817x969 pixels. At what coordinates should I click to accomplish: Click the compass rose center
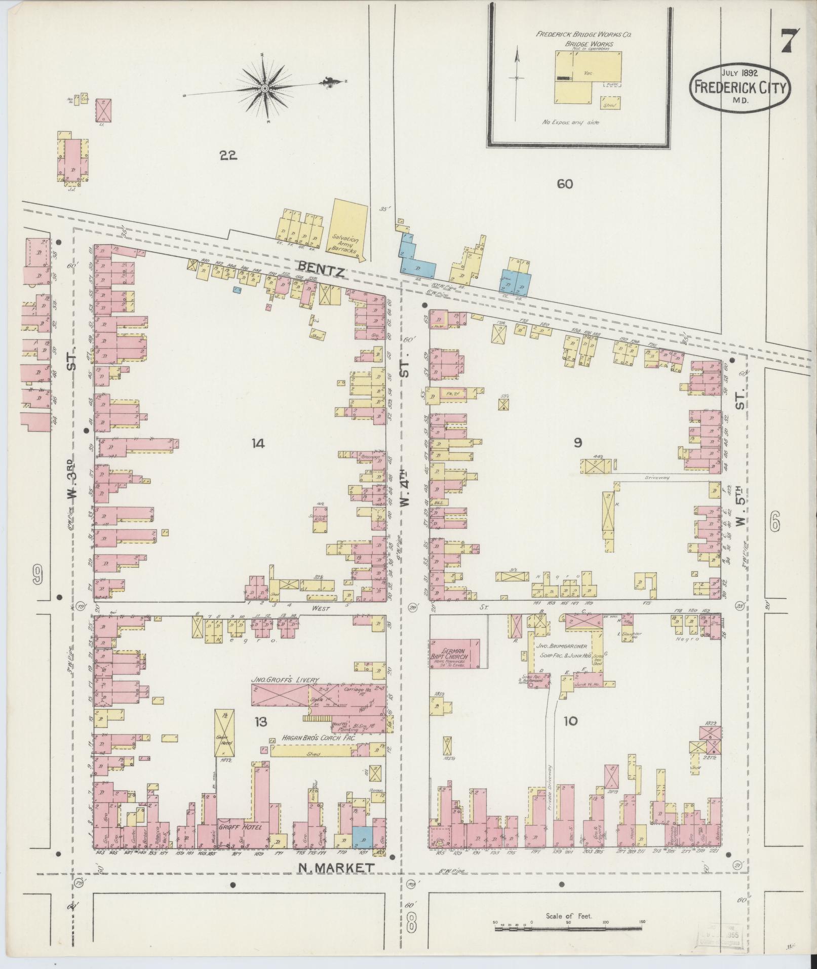pyautogui.click(x=264, y=89)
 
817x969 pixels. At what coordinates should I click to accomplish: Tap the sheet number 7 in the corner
pyautogui.click(x=789, y=42)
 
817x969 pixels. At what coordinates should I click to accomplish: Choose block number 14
pyautogui.click(x=257, y=444)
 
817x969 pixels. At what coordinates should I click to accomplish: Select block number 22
pyautogui.click(x=228, y=156)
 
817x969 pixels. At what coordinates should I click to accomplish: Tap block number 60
pyautogui.click(x=564, y=184)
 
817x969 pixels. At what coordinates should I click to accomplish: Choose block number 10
pyautogui.click(x=570, y=721)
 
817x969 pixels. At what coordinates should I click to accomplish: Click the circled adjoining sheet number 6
pyautogui.click(x=774, y=520)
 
